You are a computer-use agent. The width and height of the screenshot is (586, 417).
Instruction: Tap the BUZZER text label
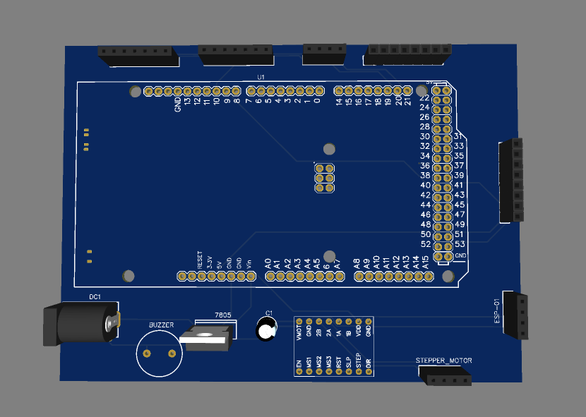click(x=161, y=325)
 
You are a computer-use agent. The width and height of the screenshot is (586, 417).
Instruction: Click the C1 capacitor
click(x=266, y=330)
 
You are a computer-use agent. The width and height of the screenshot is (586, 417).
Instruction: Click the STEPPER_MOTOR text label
click(x=444, y=361)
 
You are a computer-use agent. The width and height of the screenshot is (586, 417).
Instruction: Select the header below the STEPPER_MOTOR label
click(x=446, y=379)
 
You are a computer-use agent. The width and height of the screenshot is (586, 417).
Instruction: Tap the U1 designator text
click(x=261, y=76)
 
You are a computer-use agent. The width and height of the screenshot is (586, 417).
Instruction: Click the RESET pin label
click(x=200, y=260)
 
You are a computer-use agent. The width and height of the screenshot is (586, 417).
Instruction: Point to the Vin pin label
click(x=249, y=263)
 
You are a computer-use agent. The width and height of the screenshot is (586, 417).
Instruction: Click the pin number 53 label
click(x=459, y=243)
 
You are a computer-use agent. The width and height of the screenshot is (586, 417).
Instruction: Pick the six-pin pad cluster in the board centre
click(x=324, y=179)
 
